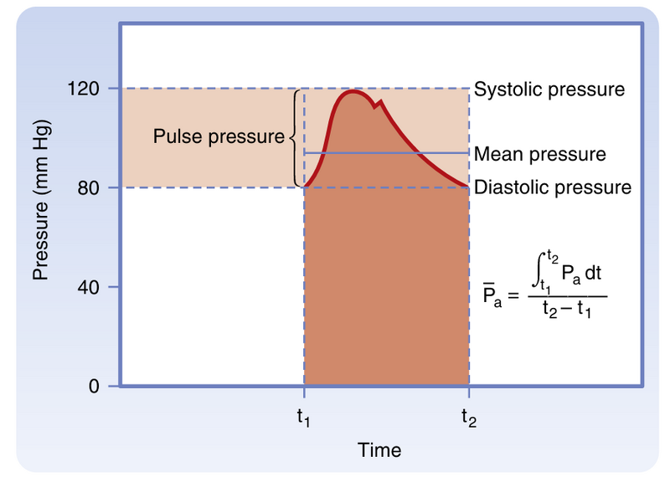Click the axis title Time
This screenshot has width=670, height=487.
coord(379,450)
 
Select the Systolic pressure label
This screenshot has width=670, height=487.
coord(549,89)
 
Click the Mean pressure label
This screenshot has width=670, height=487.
coord(539,154)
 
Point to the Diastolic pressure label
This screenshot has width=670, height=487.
coord(552,187)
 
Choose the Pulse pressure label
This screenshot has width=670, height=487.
coord(219,136)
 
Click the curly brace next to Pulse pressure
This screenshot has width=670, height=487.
coord(294,137)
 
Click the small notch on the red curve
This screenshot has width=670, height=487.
coord(379,105)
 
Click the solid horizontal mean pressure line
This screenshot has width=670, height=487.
coord(385,153)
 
